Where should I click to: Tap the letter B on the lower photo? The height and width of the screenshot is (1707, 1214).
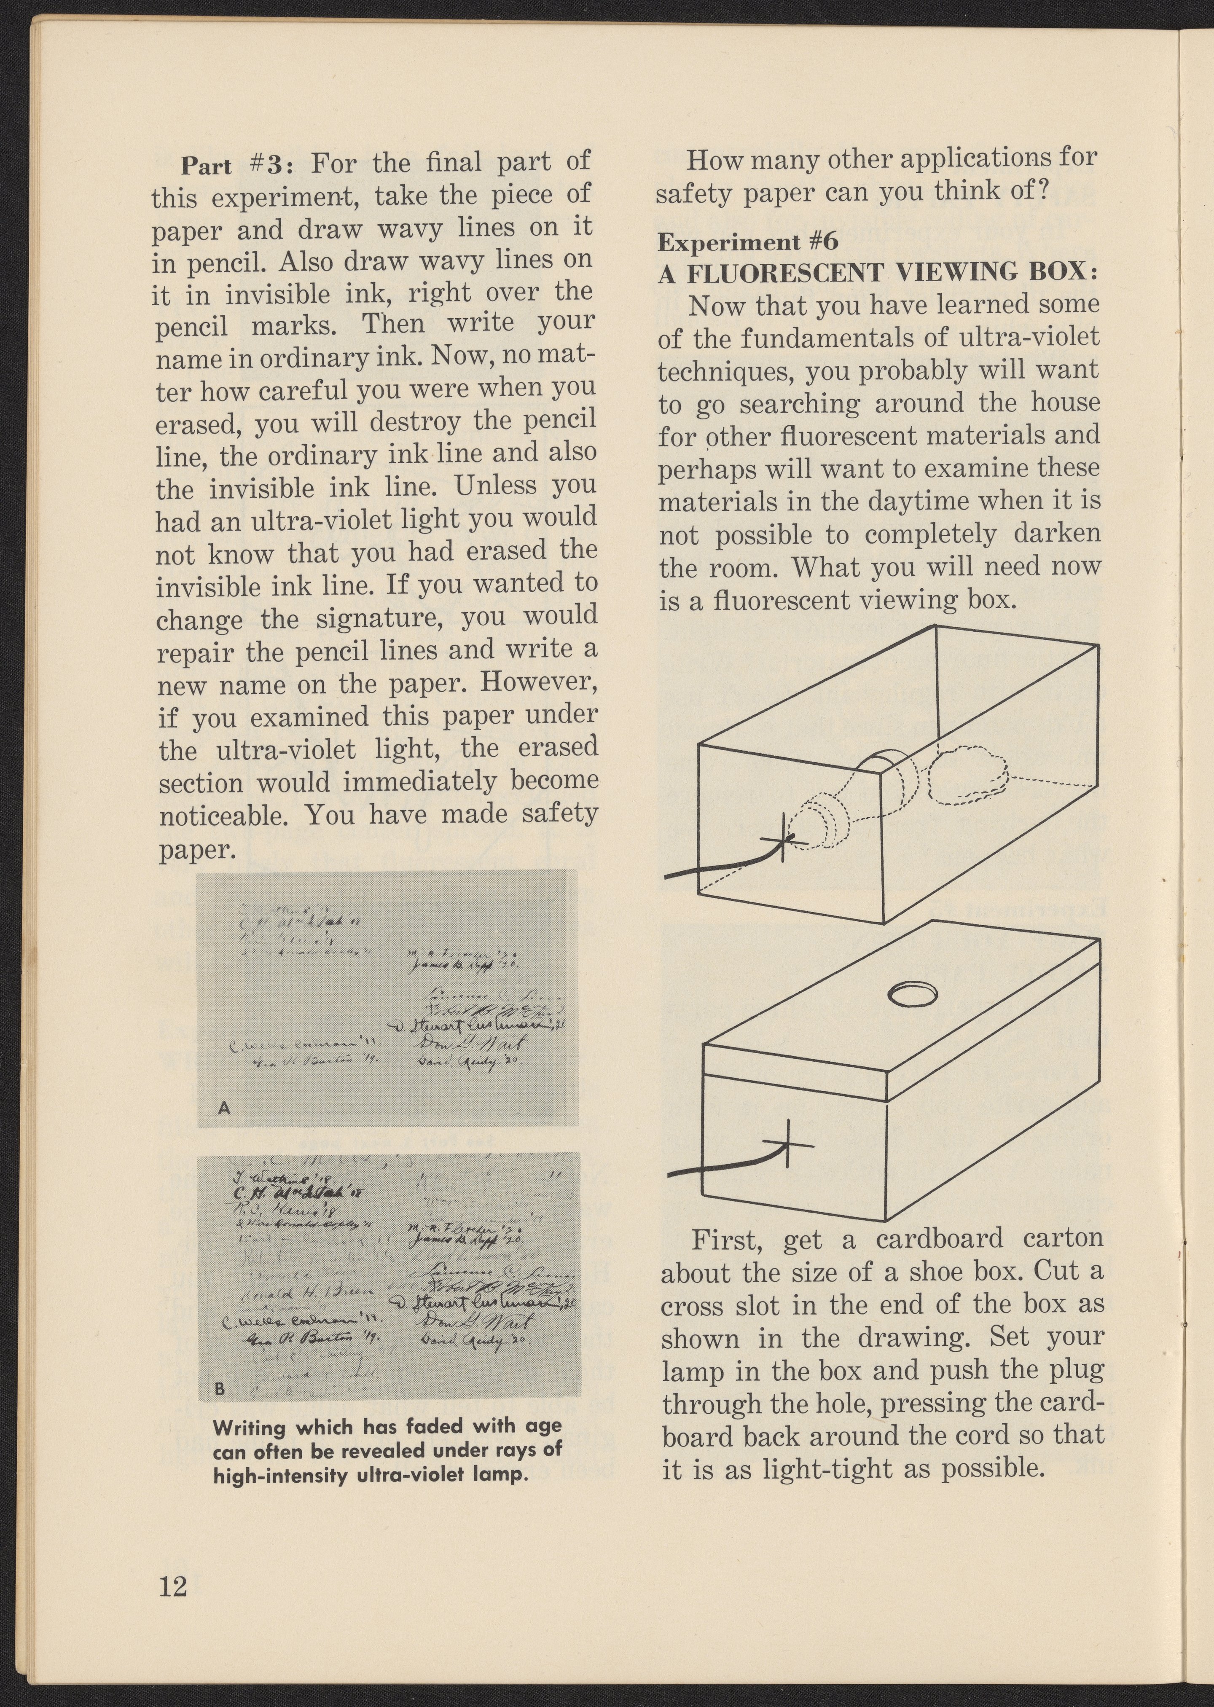[220, 1389]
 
